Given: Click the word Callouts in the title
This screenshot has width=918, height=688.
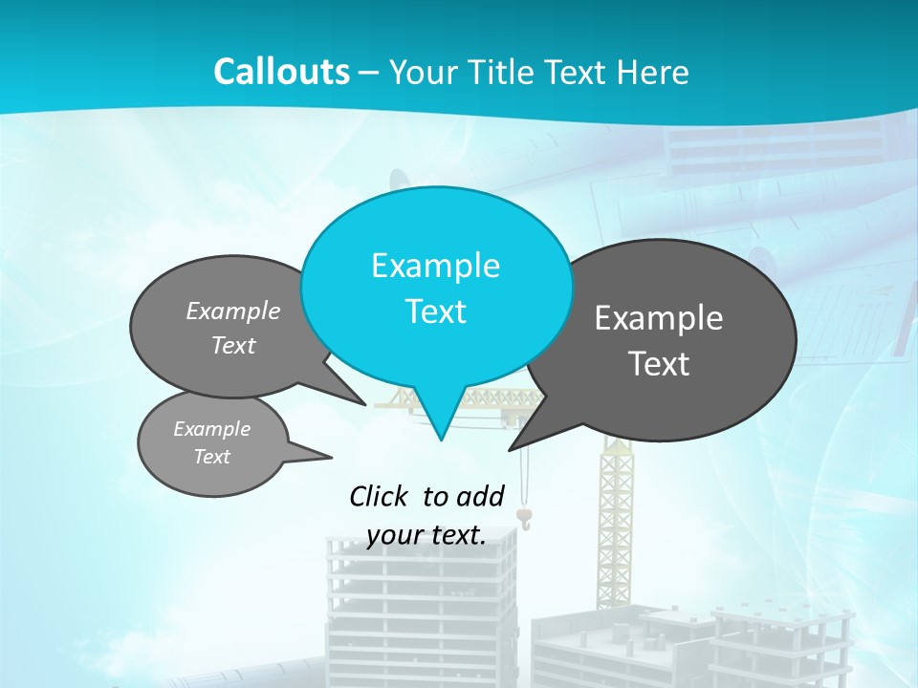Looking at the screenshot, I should pos(281,72).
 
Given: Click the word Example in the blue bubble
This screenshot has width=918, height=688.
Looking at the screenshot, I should pos(435,266).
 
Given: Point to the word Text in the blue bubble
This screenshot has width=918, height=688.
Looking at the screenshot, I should pos(435,312).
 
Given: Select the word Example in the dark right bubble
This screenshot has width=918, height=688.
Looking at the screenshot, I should pos(659,318).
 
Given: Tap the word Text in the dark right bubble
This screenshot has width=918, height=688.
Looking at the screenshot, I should pos(659,363).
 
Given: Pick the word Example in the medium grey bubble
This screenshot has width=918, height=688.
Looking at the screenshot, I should pos(233,312).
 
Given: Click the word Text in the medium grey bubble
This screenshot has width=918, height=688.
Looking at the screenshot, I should pos(233,345).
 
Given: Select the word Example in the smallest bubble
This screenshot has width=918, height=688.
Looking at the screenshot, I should pos(211,429).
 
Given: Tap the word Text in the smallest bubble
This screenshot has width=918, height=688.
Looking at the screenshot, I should pos(211,457).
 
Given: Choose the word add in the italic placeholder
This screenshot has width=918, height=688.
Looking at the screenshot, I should pos(480,496).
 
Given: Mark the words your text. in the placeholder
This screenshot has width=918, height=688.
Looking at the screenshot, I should pos(426,535).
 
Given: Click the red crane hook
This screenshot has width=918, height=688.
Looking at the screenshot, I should pos(524,517).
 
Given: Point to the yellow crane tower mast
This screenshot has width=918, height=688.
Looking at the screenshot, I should pos(616,516).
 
